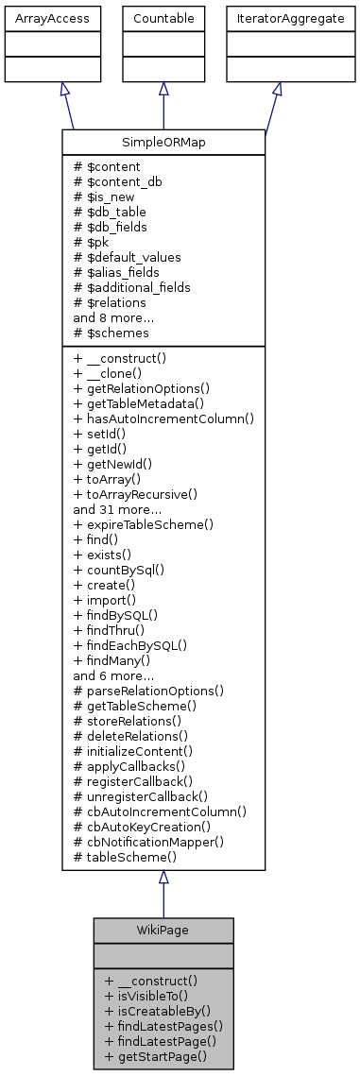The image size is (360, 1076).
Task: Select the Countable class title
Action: (x=163, y=18)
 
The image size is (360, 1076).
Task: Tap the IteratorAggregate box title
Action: (x=277, y=18)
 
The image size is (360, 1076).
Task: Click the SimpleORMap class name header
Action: (x=163, y=141)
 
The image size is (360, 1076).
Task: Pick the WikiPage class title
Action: (x=163, y=929)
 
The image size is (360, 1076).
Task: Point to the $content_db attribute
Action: (x=116, y=180)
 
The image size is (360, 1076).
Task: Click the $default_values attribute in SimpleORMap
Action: (x=127, y=256)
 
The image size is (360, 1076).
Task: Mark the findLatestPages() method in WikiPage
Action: (x=157, y=1025)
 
